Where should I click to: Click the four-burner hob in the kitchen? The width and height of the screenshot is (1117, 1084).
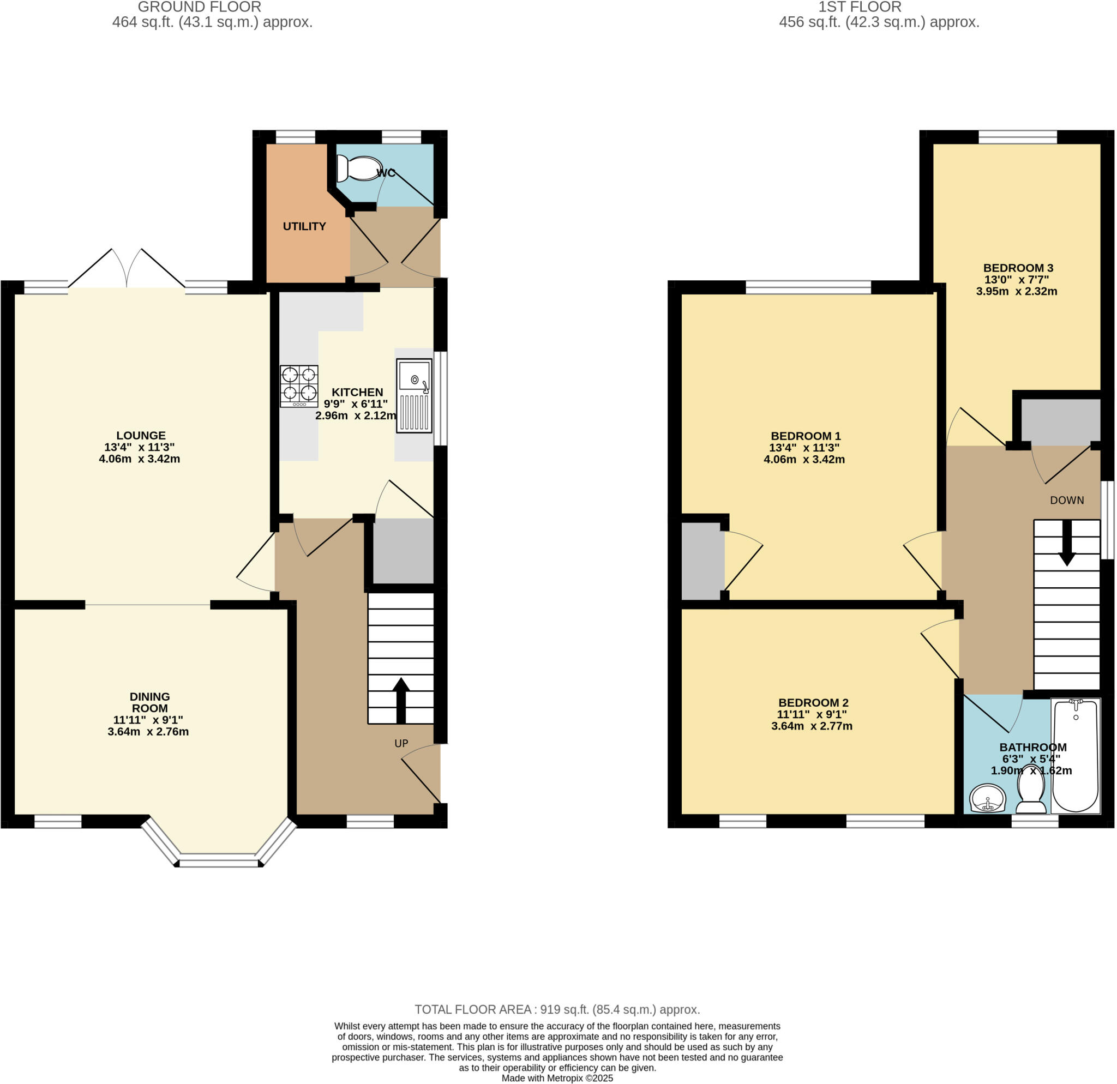coord(299,386)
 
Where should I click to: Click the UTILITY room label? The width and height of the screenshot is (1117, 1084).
coord(304,226)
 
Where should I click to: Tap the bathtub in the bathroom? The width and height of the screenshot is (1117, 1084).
coord(1075,755)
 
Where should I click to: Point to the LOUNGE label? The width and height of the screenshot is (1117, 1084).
coord(141,435)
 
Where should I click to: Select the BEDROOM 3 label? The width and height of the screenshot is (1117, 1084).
coord(1018,268)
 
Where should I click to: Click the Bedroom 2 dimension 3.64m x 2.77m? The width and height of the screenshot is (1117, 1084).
coord(812,726)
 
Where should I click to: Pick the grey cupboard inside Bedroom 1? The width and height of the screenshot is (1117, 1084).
coord(702,561)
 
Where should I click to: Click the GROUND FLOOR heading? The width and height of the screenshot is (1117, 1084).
coord(200,8)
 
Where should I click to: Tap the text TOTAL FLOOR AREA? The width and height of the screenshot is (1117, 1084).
coord(473,1009)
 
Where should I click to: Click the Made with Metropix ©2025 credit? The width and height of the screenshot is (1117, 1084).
coord(557,1078)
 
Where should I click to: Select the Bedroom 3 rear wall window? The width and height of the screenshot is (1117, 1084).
coord(1017,137)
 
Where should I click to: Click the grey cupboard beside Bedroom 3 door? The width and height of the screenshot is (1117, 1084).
coord(1060,421)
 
